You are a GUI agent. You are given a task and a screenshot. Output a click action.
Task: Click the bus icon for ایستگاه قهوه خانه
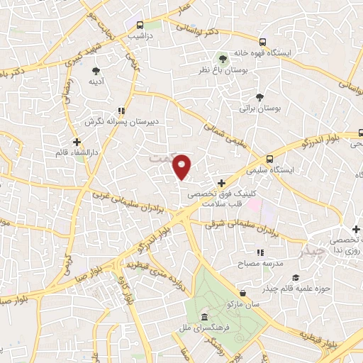(263, 42)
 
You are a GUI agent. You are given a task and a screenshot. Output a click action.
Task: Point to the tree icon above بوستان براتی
(260, 97)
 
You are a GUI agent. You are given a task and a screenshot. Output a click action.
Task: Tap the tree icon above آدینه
(96, 69)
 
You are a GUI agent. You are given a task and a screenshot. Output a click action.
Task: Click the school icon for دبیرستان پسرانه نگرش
(121, 110)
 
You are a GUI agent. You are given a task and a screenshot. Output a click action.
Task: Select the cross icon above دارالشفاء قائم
(76, 142)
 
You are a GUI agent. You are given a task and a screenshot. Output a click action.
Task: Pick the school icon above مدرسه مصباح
(259, 252)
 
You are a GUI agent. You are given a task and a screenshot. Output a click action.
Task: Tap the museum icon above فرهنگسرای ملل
(204, 316)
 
